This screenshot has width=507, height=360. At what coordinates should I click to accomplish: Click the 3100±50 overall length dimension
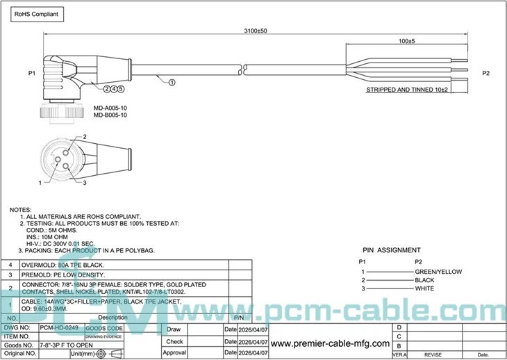256,31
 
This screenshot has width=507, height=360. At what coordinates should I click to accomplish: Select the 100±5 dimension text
407,42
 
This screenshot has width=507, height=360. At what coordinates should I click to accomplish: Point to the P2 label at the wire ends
486,73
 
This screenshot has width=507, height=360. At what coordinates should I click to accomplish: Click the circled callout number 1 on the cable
172,81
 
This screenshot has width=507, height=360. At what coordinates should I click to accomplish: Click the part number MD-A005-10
110,108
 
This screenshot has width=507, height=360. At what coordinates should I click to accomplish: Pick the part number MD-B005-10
110,115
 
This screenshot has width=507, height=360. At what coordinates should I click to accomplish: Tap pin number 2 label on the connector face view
84,137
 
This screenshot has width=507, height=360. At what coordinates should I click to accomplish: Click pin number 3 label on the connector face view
84,182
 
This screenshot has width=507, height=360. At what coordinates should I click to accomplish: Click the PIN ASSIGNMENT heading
391,250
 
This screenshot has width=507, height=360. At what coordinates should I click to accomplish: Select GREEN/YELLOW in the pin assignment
438,272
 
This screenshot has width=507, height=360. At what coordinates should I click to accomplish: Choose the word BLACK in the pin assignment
424,280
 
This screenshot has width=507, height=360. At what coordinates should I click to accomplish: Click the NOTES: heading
20,209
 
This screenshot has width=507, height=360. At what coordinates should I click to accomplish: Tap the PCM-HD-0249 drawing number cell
60,327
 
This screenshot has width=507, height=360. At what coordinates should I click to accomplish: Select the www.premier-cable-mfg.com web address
329,343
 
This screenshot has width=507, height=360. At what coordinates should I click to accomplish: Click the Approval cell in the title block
175,352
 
